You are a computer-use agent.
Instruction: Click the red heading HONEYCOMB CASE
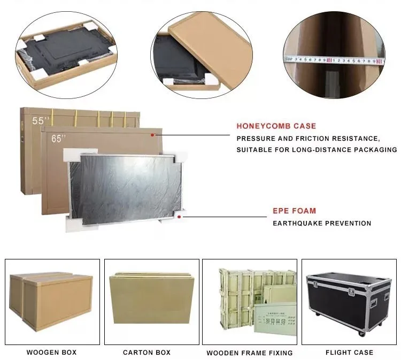[x=276, y=126]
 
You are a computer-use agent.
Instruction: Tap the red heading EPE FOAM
[x=294, y=211]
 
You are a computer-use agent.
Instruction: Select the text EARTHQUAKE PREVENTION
[x=322, y=223]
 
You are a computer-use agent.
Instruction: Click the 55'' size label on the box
[x=38, y=121]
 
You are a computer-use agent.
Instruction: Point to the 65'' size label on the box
[x=58, y=139]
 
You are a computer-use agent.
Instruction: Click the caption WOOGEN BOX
[x=51, y=353]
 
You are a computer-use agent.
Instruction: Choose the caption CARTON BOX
[x=146, y=353]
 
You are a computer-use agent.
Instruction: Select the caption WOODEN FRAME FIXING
[x=250, y=353]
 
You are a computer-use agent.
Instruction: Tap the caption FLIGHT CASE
[x=349, y=353]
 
